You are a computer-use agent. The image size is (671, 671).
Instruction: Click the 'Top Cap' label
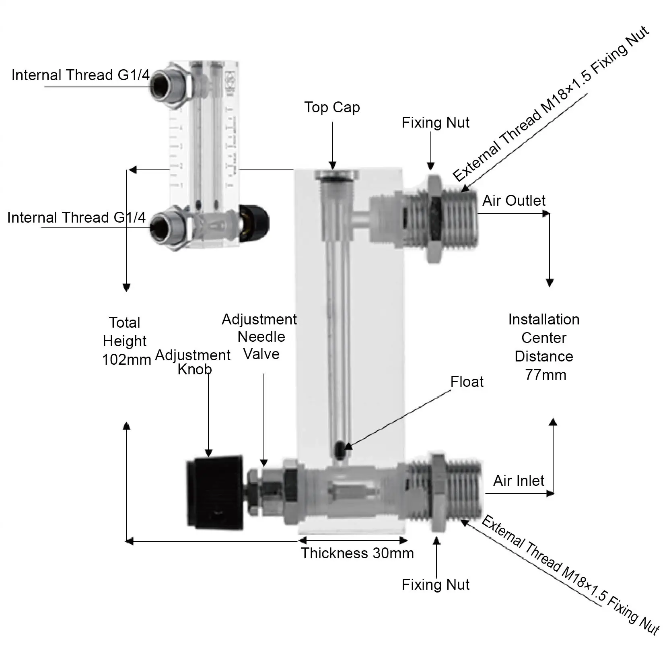click(332, 107)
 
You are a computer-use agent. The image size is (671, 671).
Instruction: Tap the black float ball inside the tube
click(340, 449)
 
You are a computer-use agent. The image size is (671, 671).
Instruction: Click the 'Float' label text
click(467, 382)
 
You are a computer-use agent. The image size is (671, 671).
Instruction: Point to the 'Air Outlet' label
click(514, 200)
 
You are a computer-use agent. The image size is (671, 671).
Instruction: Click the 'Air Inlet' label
click(519, 481)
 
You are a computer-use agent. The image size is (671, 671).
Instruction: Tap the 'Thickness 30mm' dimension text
click(357, 553)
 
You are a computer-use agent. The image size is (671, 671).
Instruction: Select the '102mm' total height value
click(126, 360)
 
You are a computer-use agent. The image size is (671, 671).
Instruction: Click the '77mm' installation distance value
click(545, 375)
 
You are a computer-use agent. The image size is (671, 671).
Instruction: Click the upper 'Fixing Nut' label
click(435, 123)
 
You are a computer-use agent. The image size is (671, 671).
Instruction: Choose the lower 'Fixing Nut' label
click(435, 585)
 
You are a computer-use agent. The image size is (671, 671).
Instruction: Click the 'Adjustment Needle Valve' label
click(260, 337)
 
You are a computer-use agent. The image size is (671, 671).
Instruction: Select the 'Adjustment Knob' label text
click(193, 362)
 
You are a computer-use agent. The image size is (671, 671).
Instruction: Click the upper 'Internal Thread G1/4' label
click(80, 75)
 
